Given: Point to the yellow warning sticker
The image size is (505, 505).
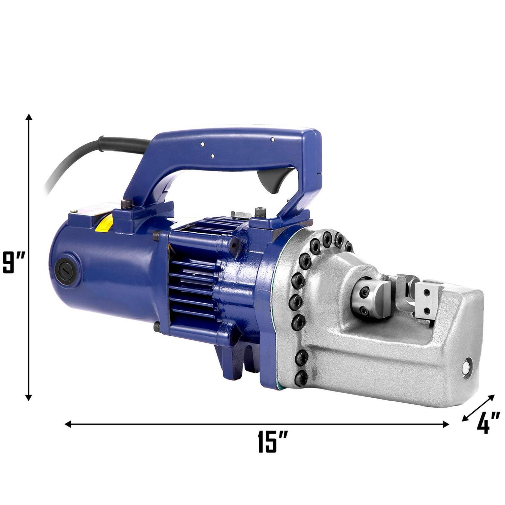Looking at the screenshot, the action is point(104,224).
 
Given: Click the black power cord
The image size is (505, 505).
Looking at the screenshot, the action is point(91,158).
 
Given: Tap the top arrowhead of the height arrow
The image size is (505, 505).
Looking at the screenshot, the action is point(29,117).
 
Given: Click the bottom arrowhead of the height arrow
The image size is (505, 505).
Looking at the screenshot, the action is point(29,398).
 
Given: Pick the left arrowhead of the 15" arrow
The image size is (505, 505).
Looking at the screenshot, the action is point(68,424).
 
